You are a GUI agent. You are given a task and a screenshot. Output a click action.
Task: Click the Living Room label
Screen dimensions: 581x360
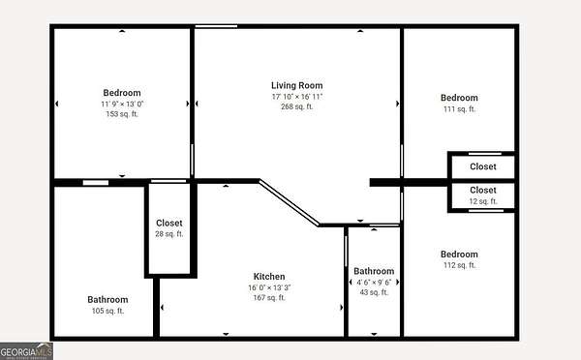point(297,85)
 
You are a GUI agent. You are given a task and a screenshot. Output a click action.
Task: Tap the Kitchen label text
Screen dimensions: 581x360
point(269,277)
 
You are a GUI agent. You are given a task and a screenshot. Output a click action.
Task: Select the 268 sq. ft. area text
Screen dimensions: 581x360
point(297,106)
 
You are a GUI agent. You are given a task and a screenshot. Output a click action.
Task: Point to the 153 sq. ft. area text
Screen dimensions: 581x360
point(122,114)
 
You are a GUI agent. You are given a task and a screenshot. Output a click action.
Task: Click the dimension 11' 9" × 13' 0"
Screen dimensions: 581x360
point(122,105)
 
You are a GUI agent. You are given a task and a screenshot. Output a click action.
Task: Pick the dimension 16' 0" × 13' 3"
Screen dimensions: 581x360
point(269,287)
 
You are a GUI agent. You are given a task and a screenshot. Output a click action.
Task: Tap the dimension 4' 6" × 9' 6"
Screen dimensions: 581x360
point(374,283)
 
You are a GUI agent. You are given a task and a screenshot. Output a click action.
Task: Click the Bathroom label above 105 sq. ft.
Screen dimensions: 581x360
point(107,300)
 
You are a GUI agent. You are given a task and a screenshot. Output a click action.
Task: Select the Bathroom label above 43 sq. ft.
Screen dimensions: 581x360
point(374,271)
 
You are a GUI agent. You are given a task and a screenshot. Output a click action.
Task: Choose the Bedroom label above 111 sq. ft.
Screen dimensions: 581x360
point(459,98)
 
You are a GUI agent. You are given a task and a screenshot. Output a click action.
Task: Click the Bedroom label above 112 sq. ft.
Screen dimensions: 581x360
point(459,255)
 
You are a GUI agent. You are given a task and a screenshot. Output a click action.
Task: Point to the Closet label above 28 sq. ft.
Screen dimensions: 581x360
point(168,223)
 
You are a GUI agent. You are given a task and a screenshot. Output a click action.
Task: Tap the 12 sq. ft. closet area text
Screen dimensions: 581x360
point(483,201)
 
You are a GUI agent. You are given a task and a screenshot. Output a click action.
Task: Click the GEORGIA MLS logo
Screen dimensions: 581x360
point(26,350)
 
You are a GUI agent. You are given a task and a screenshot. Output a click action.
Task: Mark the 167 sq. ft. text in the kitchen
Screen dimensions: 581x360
point(269,298)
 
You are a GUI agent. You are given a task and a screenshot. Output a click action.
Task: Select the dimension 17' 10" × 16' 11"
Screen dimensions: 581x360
point(297,97)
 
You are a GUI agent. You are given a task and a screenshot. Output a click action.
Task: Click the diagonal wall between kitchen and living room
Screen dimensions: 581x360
point(289,202)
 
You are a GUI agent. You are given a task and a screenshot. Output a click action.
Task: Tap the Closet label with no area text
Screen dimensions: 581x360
point(483,166)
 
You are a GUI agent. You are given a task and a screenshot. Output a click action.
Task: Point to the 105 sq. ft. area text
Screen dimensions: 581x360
point(107,311)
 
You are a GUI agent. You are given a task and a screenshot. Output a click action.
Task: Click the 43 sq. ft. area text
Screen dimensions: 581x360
point(374,292)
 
